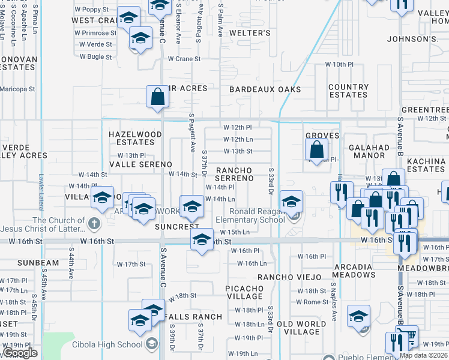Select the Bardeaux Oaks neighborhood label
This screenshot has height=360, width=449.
point(265,89)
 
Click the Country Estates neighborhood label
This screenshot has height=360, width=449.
point(348,91)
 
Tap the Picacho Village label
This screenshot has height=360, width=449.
point(244,292)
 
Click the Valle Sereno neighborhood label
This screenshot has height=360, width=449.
point(140,164)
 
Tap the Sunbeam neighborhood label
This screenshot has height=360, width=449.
point(38,263)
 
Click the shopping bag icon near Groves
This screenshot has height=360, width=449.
point(317,150)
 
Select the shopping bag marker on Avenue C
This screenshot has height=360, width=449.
point(157,97)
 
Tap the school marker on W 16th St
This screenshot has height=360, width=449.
point(202,241)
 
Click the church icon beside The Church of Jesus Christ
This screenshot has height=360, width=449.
point(93,224)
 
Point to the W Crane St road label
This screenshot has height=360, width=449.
point(184,59)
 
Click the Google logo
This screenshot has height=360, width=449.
point(20,353)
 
